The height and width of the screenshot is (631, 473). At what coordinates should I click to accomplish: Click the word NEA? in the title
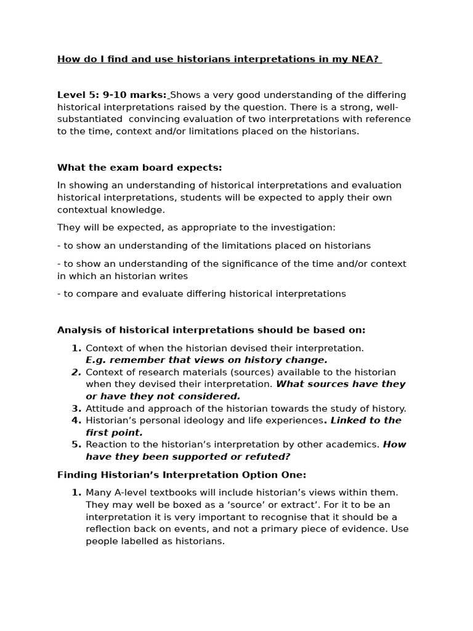pyautogui.click(x=366, y=59)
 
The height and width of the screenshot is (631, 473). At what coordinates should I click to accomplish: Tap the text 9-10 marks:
pyautogui.click(x=135, y=95)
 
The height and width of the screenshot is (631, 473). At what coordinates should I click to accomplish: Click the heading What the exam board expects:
pyautogui.click(x=140, y=167)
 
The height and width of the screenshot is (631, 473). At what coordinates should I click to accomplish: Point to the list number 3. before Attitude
pyautogui.click(x=76, y=408)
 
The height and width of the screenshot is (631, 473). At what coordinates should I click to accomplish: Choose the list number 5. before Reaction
pyautogui.click(x=76, y=444)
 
